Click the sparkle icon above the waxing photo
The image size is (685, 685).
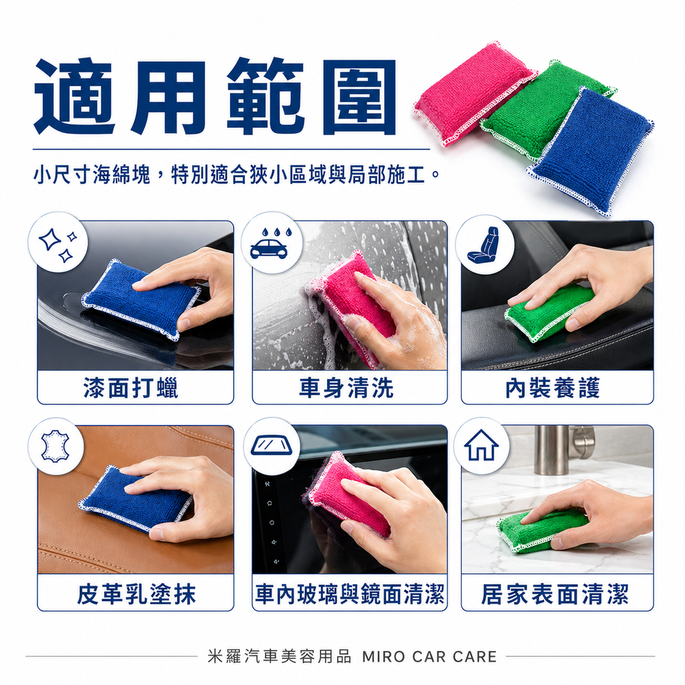(58, 243)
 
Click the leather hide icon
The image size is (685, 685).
(56, 446)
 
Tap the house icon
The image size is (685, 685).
(482, 446)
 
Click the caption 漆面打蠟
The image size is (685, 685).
(131, 388)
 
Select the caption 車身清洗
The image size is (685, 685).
(347, 388)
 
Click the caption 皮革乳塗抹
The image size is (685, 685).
(136, 594)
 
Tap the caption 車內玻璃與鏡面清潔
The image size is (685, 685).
(349, 594)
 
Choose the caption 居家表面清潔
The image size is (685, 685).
(555, 594)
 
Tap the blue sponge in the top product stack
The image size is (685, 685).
(592, 151)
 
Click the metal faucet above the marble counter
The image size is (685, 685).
(554, 448)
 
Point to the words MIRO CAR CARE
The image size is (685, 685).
(429, 656)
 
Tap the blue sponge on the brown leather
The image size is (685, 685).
(134, 498)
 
